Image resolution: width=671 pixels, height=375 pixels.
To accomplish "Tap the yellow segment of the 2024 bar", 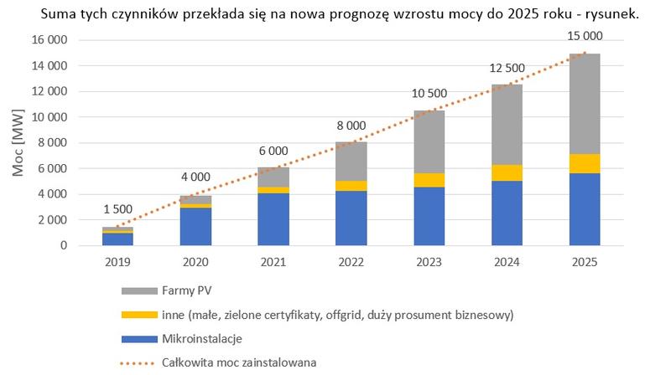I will pos(506,172).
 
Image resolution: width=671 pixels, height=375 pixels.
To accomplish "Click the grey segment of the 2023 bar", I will pos(429,141).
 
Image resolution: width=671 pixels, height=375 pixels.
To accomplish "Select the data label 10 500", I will pos(429,94).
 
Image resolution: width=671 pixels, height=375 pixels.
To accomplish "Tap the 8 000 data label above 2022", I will pos(351,126).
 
